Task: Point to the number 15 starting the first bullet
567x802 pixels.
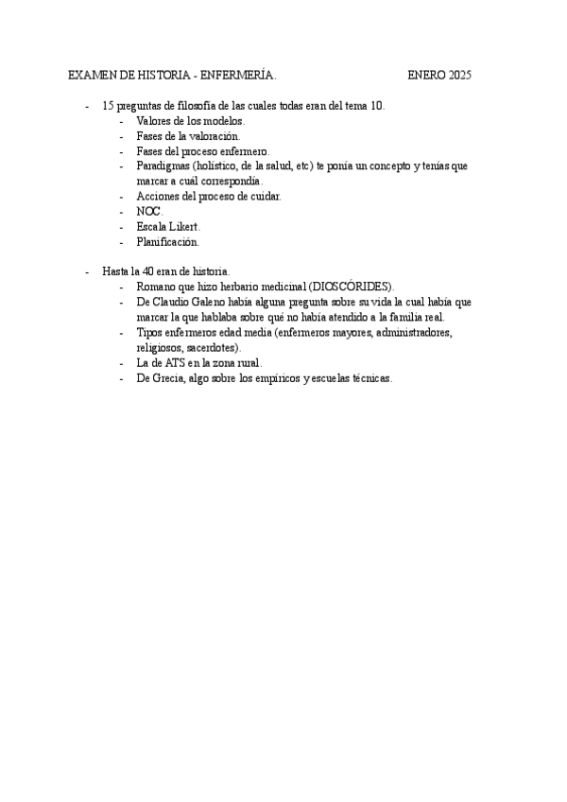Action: tap(109, 106)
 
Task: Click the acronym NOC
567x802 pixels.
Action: tap(148, 212)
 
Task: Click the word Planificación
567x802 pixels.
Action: tap(167, 242)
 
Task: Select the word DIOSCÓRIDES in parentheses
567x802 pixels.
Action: tap(351, 288)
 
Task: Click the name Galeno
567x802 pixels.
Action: tap(206, 303)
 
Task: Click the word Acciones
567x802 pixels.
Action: tap(158, 197)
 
